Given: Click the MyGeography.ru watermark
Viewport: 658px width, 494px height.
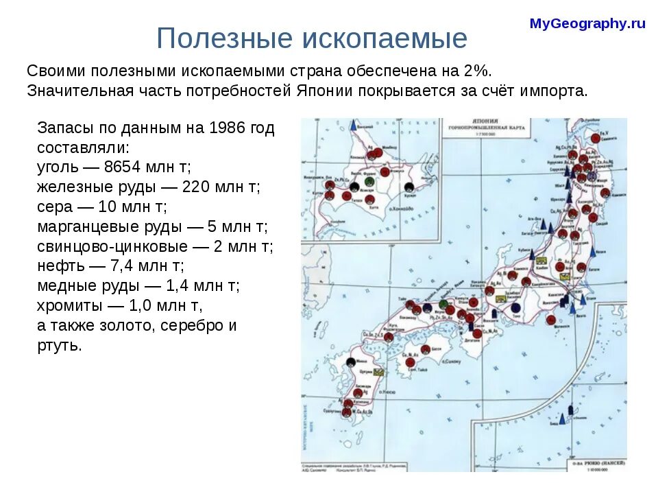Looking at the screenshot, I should (x=587, y=24).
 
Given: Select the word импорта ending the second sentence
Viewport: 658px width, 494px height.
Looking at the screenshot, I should (x=555, y=91).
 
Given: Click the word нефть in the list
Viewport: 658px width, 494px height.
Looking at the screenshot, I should (x=57, y=266).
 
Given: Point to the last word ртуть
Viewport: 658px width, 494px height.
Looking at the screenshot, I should (x=59, y=345).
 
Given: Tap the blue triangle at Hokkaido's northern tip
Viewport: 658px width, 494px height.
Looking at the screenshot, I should (x=354, y=126).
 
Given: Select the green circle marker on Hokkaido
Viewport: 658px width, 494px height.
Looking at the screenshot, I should (x=370, y=188).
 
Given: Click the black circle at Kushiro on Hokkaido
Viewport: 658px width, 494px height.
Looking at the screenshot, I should (x=409, y=187).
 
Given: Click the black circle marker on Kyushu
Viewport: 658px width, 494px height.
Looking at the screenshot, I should (x=352, y=362).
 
